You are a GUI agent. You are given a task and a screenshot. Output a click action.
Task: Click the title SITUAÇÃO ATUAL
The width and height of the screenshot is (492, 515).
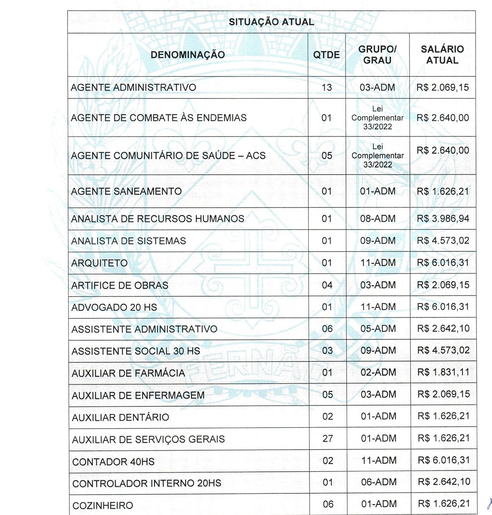271,22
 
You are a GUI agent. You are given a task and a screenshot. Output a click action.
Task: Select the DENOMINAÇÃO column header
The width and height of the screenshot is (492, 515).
188,55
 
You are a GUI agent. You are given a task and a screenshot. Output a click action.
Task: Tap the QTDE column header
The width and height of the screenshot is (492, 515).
326,55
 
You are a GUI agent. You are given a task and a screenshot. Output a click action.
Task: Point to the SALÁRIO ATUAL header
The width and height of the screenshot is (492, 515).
442,55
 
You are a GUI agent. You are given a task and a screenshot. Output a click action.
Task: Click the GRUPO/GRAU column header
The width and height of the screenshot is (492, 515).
377,55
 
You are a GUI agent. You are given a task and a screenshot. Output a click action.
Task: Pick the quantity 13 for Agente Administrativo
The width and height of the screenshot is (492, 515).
326,88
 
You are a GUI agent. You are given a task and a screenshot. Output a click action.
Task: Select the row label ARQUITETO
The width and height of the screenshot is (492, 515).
100,263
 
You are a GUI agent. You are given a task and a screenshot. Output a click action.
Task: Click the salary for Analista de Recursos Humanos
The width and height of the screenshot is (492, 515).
443,219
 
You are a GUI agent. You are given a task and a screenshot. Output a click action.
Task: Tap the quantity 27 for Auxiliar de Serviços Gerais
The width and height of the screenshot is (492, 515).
328,439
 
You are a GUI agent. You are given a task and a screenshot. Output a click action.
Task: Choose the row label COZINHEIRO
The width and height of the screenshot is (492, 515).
103,506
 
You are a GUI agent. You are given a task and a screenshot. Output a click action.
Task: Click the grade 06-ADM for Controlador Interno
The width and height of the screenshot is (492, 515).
379,482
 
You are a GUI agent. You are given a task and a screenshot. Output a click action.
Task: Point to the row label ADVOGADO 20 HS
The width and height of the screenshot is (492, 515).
114,307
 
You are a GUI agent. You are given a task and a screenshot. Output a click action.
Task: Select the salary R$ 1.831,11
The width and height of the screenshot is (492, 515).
443,373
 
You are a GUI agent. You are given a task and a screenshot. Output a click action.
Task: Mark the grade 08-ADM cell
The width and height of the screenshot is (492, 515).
378,219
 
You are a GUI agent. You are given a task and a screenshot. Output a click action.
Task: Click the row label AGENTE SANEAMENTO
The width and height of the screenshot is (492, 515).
126,192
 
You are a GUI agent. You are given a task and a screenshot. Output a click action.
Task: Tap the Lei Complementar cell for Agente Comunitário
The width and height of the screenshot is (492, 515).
377,156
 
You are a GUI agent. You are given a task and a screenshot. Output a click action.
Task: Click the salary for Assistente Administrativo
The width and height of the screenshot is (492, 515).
443,329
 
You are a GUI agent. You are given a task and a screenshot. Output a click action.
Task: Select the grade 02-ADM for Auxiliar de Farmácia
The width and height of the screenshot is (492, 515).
379,373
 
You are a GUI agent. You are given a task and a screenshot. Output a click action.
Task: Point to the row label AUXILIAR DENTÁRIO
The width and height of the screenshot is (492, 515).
121,418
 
